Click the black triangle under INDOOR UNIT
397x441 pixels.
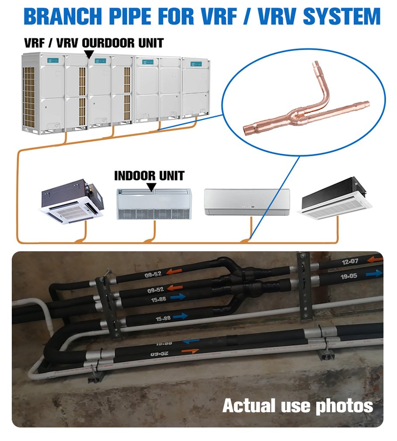click(x=151, y=187)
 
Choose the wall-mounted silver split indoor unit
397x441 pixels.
click(x=247, y=202)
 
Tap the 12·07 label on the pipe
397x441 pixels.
click(x=350, y=262)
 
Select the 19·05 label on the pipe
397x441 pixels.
click(x=349, y=276)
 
